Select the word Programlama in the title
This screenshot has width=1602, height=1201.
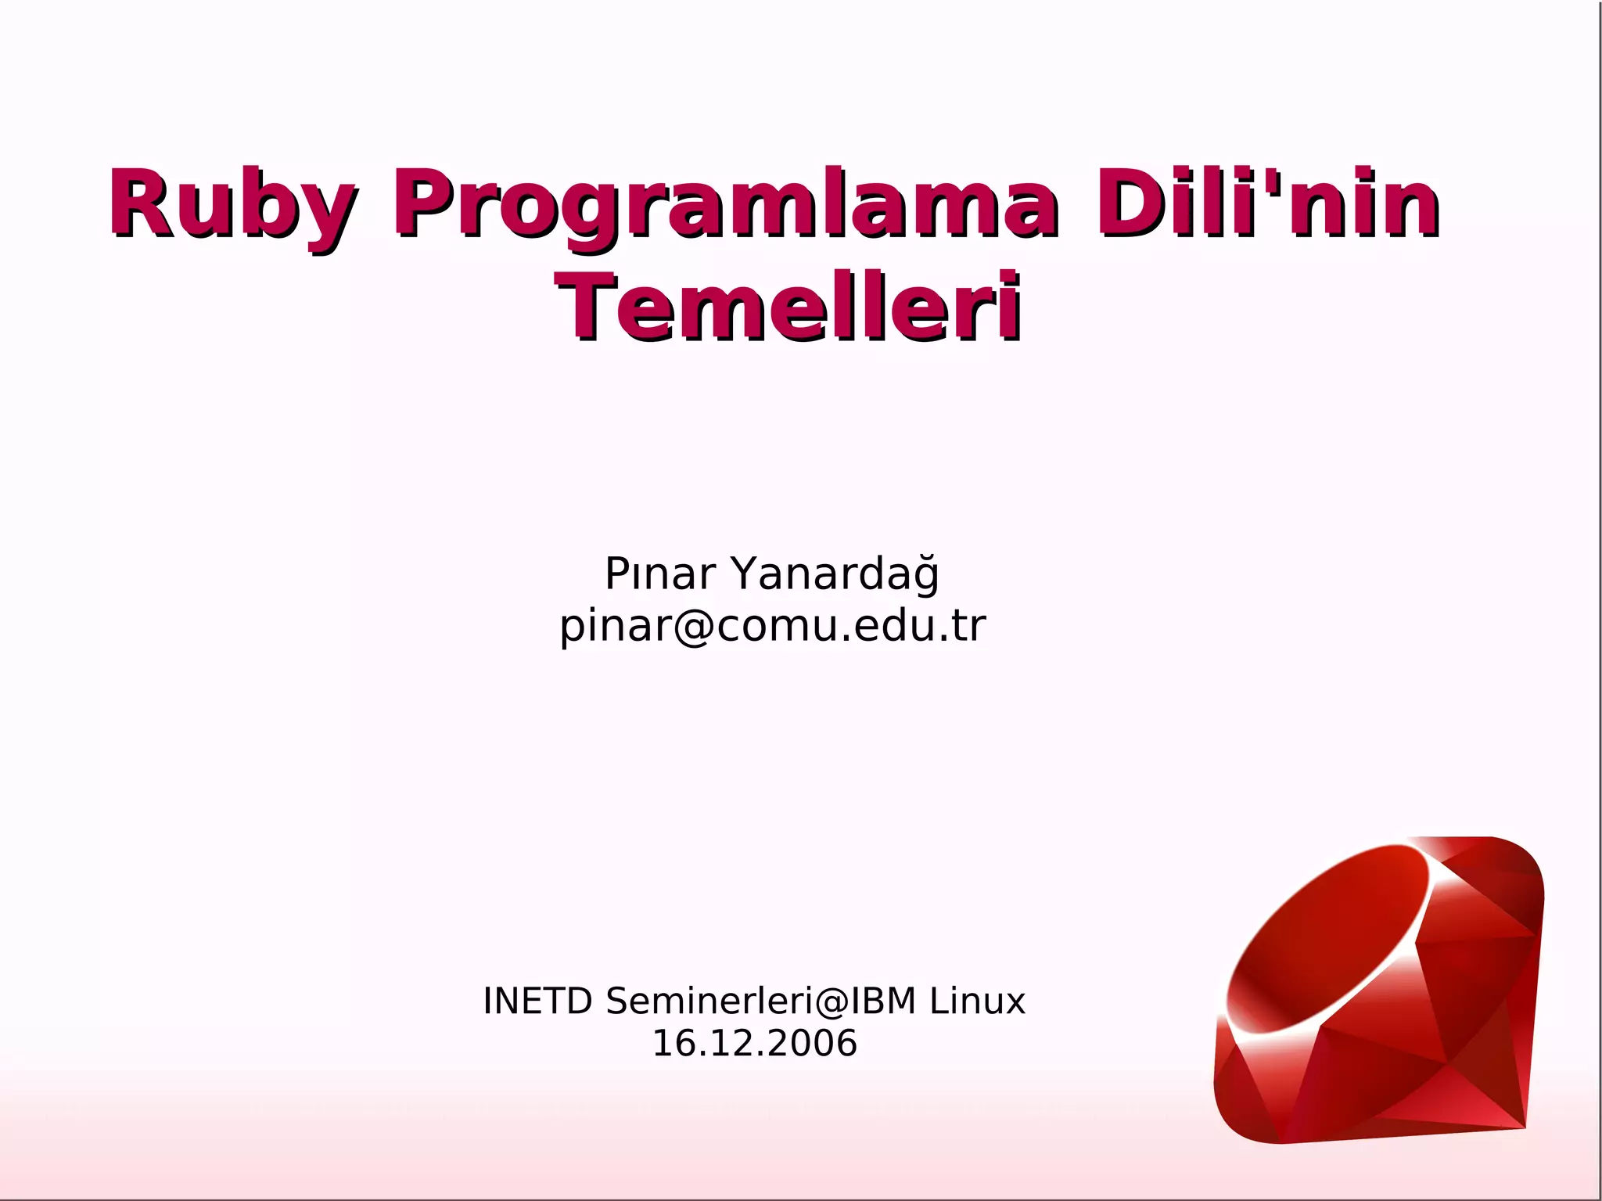click(724, 205)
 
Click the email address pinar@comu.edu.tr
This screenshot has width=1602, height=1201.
click(773, 626)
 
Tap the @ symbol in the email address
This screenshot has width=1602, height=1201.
click(691, 626)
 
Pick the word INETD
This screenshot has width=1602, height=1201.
click(537, 1001)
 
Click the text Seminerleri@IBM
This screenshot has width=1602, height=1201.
click(760, 1001)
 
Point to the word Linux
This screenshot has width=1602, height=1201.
click(977, 1001)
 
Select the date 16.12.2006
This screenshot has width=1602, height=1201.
click(755, 1043)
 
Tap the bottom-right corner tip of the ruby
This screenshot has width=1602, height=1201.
click(1524, 1127)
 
